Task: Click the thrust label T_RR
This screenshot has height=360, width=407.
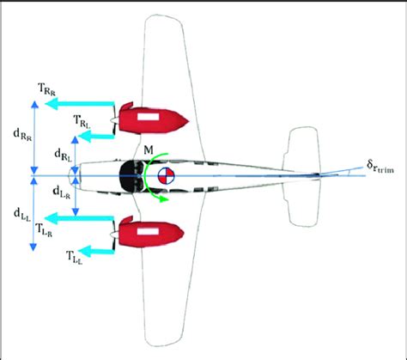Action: (x=46, y=89)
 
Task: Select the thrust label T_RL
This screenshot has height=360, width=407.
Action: (x=82, y=121)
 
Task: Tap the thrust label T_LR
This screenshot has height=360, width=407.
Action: (x=44, y=230)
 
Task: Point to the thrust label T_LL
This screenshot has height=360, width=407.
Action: (x=74, y=257)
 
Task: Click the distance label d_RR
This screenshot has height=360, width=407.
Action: (x=22, y=135)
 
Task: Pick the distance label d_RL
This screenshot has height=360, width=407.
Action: (x=63, y=156)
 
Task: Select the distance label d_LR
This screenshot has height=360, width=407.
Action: (x=62, y=192)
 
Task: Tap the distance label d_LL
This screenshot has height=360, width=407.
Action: (x=22, y=215)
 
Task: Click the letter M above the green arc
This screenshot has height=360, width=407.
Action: (x=149, y=149)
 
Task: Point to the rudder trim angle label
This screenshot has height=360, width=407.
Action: (x=380, y=167)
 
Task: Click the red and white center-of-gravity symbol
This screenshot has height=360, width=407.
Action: (x=166, y=175)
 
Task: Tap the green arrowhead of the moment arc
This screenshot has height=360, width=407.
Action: (x=163, y=199)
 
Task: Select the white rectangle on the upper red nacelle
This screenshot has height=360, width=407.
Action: (x=148, y=117)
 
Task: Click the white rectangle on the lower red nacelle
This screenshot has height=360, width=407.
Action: (x=148, y=231)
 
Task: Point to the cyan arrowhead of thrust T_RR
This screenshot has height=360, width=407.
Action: (x=52, y=104)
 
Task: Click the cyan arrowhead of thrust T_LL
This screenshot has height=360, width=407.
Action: (x=84, y=251)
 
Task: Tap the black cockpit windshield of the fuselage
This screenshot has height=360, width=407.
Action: (x=129, y=175)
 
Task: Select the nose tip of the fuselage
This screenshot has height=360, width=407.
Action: (x=69, y=175)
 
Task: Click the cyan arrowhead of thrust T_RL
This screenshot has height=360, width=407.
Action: (x=84, y=137)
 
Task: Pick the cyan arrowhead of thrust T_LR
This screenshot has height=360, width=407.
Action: (x=52, y=219)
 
